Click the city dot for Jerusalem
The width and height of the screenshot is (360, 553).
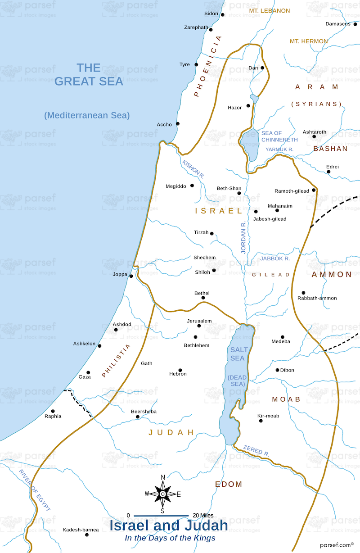199,326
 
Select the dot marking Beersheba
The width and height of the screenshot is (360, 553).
138,417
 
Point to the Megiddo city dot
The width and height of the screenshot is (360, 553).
192,186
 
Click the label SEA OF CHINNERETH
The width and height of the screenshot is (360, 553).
277,136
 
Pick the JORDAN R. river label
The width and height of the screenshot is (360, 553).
243,237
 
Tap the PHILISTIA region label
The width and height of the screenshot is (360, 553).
116,360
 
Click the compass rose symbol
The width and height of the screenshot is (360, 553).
162,494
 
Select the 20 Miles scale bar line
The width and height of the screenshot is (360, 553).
161,515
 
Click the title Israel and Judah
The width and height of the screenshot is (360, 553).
169,526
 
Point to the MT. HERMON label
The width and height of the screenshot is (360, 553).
309,41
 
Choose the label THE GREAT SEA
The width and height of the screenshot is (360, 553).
88,75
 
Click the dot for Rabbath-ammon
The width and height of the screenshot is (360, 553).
303,293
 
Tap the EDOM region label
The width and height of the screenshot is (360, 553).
229,485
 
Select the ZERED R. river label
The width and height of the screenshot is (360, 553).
256,451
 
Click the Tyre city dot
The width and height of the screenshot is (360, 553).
196,64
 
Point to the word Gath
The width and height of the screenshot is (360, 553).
147,363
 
